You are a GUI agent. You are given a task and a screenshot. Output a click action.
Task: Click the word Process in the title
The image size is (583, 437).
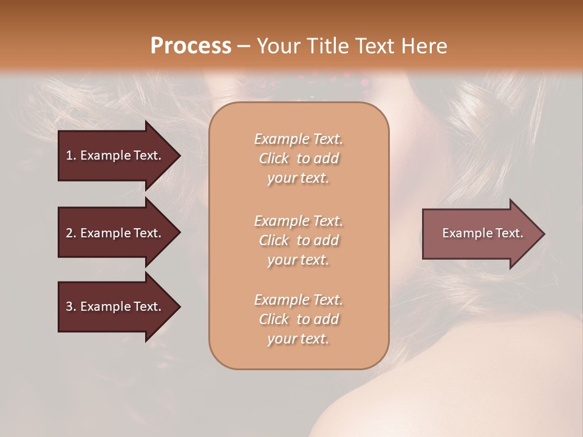point(191,46)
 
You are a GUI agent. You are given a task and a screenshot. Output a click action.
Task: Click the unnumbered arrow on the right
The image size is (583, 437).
point(480,233)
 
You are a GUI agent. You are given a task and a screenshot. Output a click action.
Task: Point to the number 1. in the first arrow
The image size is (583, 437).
point(70,155)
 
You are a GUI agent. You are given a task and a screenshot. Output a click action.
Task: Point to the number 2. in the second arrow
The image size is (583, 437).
point(70,233)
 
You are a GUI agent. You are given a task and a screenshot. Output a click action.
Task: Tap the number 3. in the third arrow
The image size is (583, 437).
point(70,307)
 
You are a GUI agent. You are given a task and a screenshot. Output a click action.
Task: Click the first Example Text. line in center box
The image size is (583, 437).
point(298,139)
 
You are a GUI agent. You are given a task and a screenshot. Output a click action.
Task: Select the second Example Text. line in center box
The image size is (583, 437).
point(298,221)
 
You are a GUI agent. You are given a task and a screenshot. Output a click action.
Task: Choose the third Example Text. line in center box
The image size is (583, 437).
point(298,300)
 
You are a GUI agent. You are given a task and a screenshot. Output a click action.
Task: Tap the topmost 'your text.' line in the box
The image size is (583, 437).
point(298,178)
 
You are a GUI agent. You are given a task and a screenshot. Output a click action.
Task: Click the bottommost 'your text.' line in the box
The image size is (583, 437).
point(298,339)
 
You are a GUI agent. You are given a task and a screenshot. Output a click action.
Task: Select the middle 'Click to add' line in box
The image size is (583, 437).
point(298,240)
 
